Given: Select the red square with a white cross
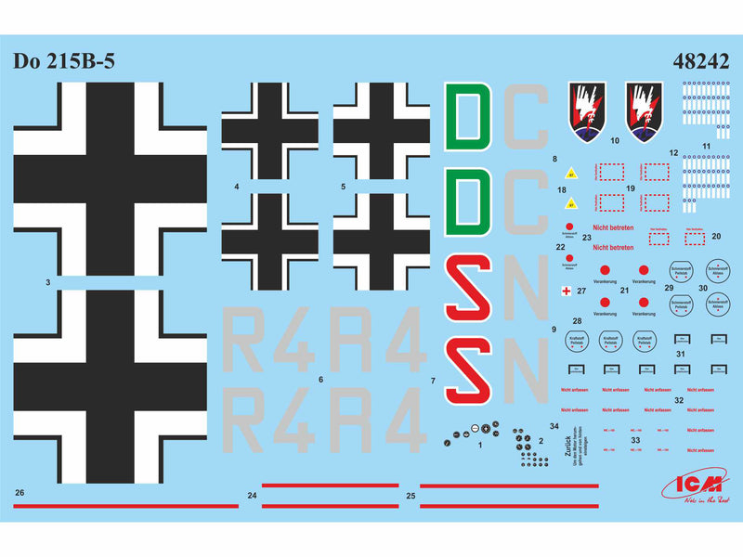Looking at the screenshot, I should [x=566, y=291].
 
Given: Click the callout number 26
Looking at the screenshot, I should [x=20, y=491].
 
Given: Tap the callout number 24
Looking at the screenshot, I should [x=252, y=496].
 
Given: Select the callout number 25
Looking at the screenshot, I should [x=411, y=496].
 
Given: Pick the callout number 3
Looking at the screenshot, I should [x=46, y=279].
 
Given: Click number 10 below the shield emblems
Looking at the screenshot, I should [x=615, y=143].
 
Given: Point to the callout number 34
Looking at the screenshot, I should [x=554, y=426].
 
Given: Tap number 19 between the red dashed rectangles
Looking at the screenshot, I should [x=630, y=188].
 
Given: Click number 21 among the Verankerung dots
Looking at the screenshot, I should [x=624, y=290].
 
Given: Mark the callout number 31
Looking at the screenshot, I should [x=681, y=355].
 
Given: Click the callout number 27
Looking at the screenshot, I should [x=581, y=291].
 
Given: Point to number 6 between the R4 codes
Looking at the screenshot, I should [x=320, y=380].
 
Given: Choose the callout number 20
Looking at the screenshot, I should [x=715, y=236].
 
